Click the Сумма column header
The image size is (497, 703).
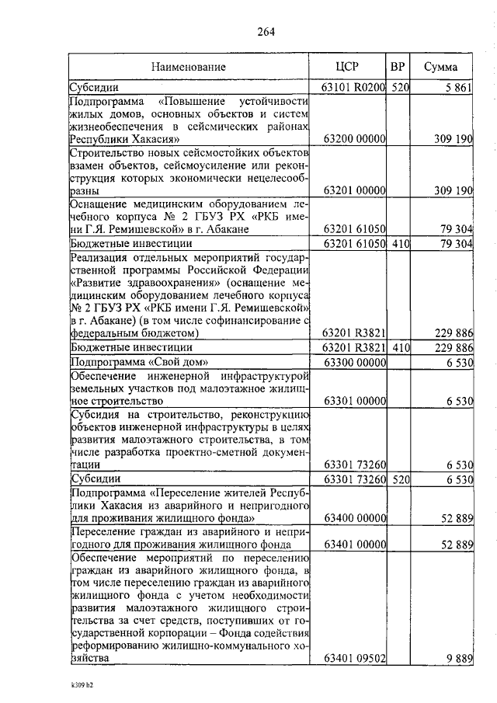[440, 67]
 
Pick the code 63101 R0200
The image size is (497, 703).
[354, 88]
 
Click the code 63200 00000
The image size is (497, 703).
[354, 139]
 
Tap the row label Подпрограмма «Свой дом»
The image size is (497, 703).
[132, 362]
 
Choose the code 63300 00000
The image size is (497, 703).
[354, 363]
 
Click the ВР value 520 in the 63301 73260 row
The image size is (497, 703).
[400, 479]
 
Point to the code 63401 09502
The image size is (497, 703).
[354, 658]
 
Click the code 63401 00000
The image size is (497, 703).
[354, 545]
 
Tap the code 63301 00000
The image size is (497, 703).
[354, 401]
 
